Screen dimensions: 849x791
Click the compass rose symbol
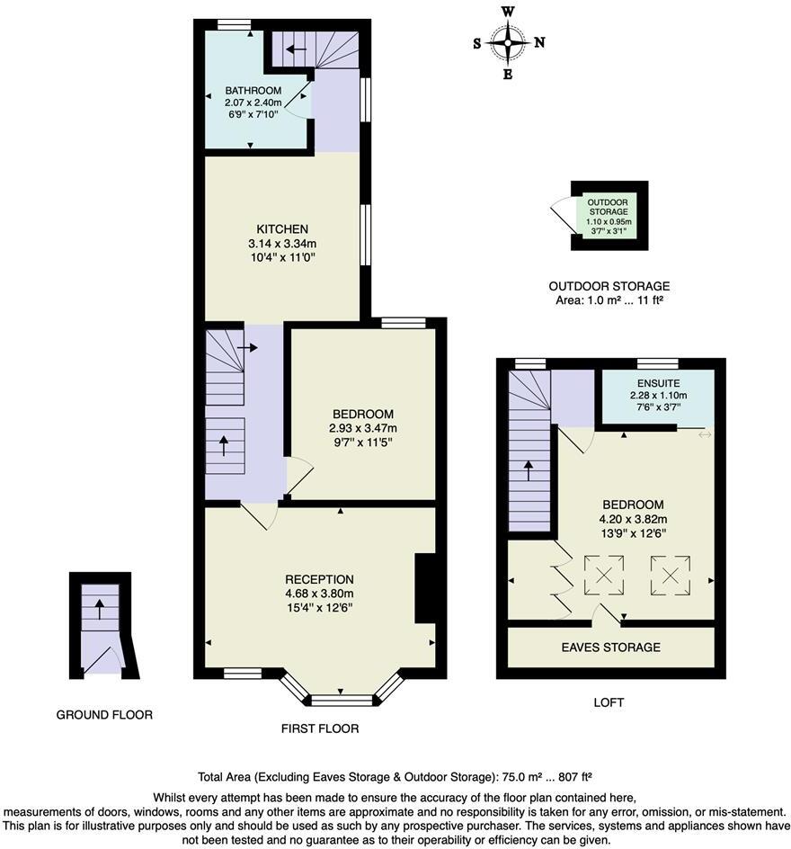coord(508,42)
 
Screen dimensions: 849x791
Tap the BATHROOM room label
coord(253,91)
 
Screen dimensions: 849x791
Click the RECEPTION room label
coord(319,579)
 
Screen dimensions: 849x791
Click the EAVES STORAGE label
coord(610,648)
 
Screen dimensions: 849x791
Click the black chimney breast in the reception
coord(424,588)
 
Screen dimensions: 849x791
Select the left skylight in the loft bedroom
coord(603,576)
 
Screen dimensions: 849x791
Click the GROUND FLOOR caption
coord(104,715)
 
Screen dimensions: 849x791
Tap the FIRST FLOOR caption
coord(319,728)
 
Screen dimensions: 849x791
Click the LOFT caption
coord(609,702)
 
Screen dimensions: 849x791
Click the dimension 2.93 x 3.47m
coord(363,428)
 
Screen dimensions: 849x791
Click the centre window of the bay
coord(341,700)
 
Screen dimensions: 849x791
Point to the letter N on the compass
coord(539,42)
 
